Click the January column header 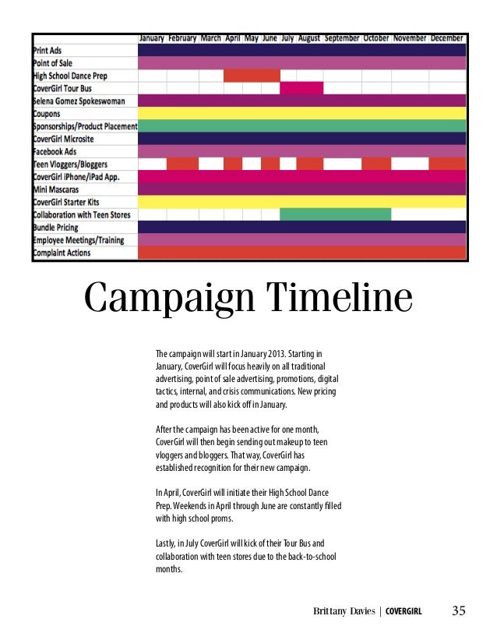coord(152,37)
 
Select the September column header coord(342,37)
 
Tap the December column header coord(446,37)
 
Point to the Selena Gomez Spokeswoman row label coord(84,101)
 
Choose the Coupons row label coord(50,113)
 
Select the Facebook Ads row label coord(59,151)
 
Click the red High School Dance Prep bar coord(252,76)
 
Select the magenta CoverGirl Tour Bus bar coord(301,88)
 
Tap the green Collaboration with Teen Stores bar coord(335,214)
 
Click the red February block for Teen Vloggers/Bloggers coord(182,164)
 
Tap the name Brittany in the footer coord(330,611)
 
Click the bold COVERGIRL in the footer coord(405,611)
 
